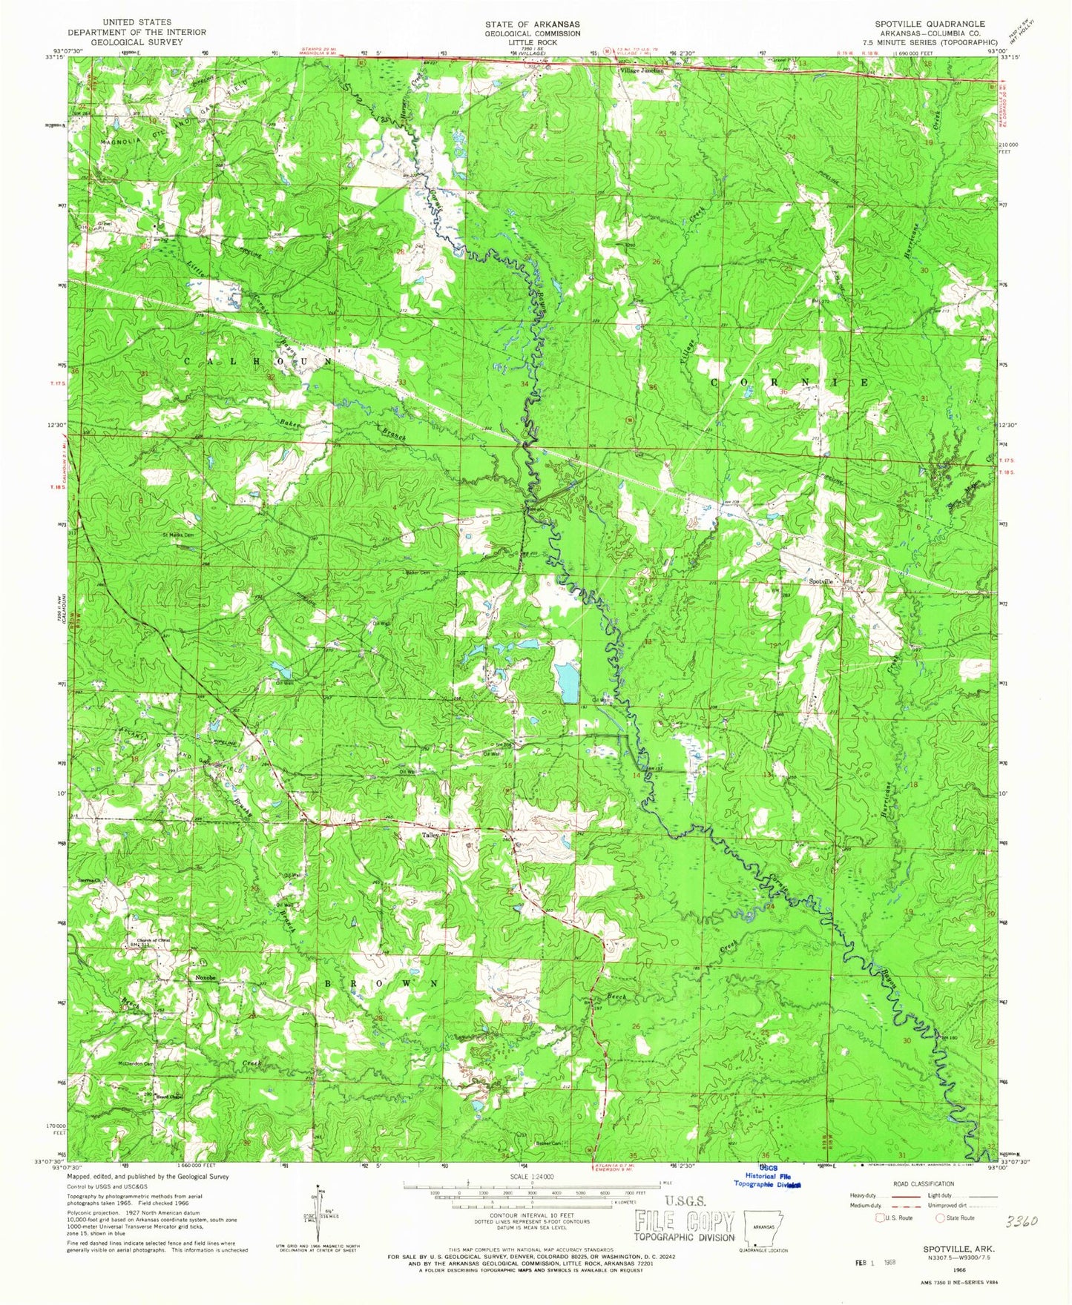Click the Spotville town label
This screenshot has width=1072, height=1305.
pyautogui.click(x=821, y=582)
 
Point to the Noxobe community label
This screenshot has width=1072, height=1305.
pyautogui.click(x=205, y=978)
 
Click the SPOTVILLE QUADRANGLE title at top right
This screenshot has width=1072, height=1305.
pyautogui.click(x=930, y=24)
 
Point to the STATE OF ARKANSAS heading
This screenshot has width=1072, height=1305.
pyautogui.click(x=533, y=24)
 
